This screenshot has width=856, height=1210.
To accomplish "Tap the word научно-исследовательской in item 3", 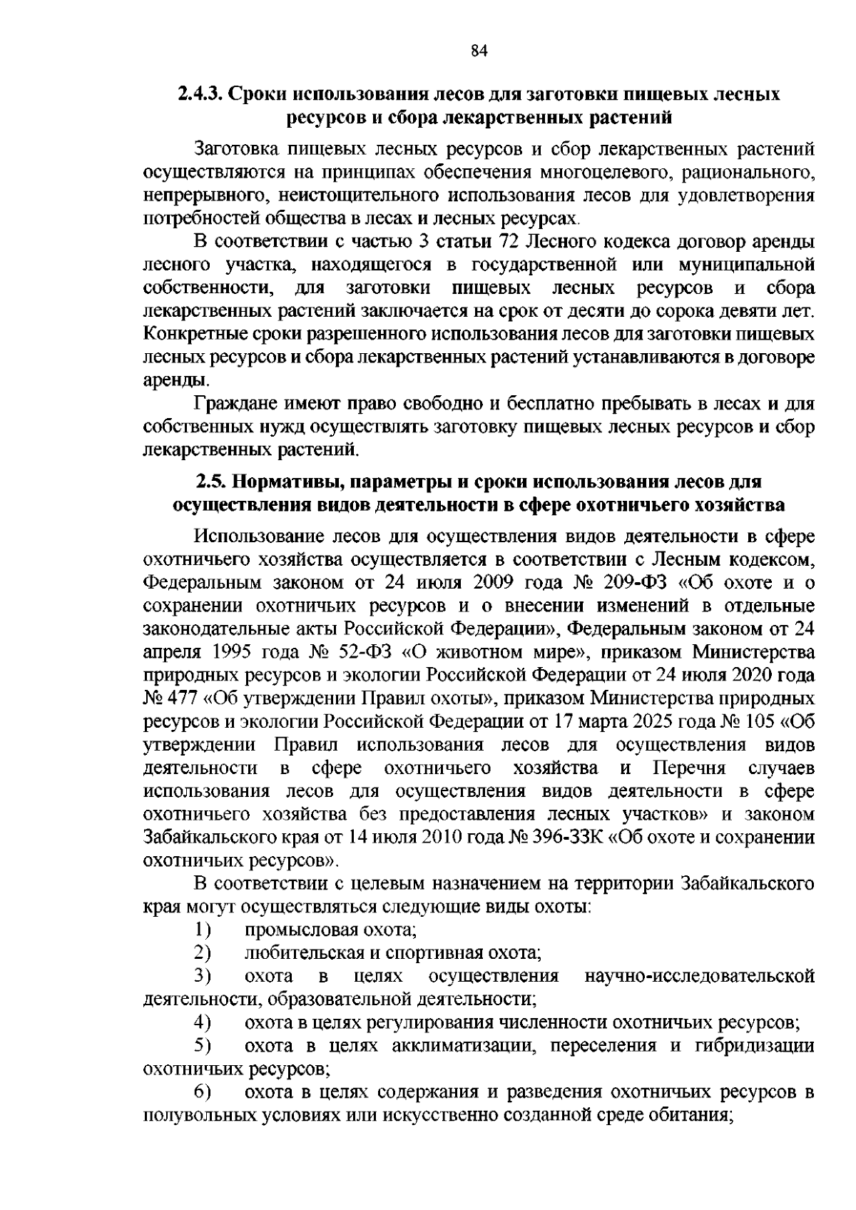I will [699, 976].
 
